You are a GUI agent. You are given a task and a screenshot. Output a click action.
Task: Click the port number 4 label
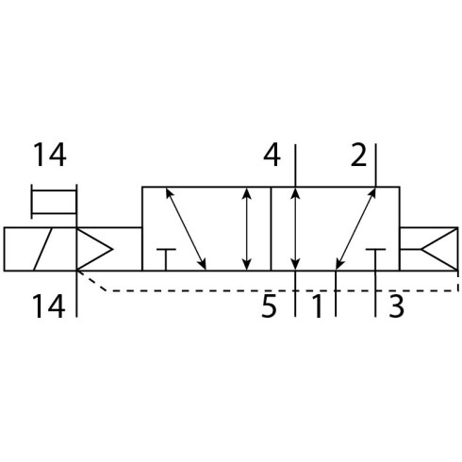pyautogui.click(x=272, y=155)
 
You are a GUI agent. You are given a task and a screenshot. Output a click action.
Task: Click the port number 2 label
pyautogui.click(x=358, y=155)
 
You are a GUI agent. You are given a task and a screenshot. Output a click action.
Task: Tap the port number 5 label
pyautogui.click(x=269, y=305)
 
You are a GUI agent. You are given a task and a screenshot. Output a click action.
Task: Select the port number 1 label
pyautogui.click(x=318, y=305)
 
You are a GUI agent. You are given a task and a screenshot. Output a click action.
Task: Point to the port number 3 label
pyautogui.click(x=396, y=305)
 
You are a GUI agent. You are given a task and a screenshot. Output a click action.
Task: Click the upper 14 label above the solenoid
pyautogui.click(x=50, y=155)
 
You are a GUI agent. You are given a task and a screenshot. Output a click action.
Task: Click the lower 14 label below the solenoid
pyautogui.click(x=49, y=305)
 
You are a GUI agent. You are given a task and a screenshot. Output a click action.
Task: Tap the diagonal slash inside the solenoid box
pyautogui.click(x=42, y=249)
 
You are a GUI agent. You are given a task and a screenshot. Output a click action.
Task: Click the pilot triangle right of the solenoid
pyautogui.click(x=94, y=249)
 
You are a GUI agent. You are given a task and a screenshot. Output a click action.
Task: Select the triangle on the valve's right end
pyautogui.click(x=439, y=249)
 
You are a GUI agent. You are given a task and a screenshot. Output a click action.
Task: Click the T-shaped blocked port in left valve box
pyautogui.click(x=166, y=259)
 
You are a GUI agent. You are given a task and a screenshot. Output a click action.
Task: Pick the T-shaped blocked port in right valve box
pyautogui.click(x=375, y=259)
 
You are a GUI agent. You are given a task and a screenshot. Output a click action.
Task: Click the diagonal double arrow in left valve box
pyautogui.click(x=186, y=228)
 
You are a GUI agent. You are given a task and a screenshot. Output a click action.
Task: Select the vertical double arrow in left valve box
pyautogui.click(x=247, y=228)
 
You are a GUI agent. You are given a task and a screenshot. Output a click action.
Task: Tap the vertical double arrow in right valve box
pyautogui.click(x=295, y=228)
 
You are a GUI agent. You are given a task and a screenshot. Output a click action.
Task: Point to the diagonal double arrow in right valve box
pyautogui.click(x=355, y=228)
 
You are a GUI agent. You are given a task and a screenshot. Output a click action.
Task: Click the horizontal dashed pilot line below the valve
pyautogui.click(x=282, y=291)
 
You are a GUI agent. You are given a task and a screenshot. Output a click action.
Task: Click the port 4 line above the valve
pyautogui.click(x=295, y=166)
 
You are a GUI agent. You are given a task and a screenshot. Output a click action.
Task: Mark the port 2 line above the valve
pyautogui.click(x=376, y=166)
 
